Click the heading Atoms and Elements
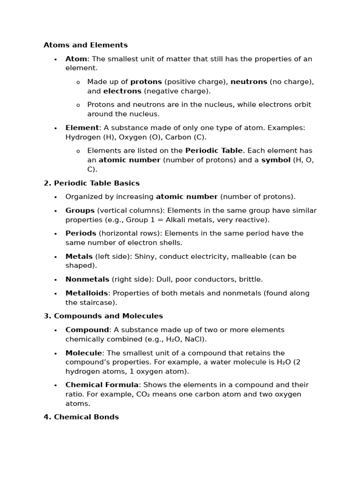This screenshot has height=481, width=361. [x=86, y=45]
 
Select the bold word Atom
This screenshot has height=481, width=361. [x=76, y=59]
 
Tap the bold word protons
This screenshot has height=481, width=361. [x=146, y=82]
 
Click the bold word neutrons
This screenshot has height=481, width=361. [x=249, y=82]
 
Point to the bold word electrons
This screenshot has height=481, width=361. [x=122, y=91]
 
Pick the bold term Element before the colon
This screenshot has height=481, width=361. [x=82, y=128]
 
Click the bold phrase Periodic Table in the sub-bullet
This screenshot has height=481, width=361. [x=214, y=151]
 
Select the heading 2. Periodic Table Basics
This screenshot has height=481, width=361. [x=92, y=183]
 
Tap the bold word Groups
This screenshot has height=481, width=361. [x=80, y=210]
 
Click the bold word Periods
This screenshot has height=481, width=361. [x=81, y=233]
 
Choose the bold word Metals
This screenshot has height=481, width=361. [x=79, y=256]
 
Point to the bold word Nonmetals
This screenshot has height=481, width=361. [x=87, y=279]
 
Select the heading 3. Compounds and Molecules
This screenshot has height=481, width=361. [x=103, y=316]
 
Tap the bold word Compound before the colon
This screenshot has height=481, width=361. [x=87, y=330]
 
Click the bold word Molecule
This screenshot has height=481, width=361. [x=84, y=353]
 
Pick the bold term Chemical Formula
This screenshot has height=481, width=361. [x=102, y=385]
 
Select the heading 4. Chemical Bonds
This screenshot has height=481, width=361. [x=81, y=417]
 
